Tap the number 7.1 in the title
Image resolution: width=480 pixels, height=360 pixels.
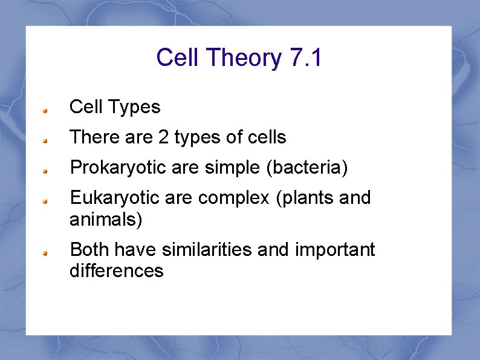point(306,58)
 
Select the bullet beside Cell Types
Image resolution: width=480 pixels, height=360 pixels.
point(45,111)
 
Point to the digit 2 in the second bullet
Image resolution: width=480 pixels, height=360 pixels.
point(163,137)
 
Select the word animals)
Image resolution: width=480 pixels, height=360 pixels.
point(106,218)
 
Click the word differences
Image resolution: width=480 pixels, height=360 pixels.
point(116,270)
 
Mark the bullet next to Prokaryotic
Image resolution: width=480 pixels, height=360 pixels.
point(45,171)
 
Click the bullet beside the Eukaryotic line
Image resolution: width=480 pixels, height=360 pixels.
point(45,201)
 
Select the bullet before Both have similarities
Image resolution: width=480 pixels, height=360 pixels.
point(45,253)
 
